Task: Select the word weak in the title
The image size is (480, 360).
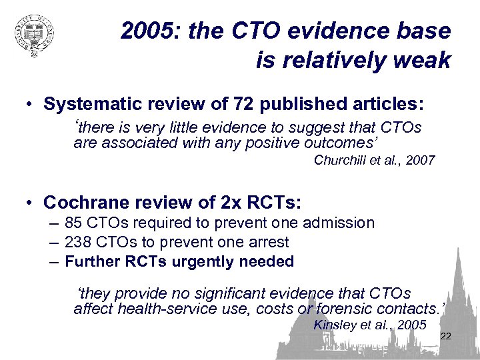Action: click(x=422, y=61)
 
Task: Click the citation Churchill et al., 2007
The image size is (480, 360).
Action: click(x=374, y=160)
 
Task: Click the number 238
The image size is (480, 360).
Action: click(x=78, y=242)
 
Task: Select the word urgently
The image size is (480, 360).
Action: click(x=203, y=261)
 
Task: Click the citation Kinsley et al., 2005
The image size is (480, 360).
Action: click(x=369, y=325)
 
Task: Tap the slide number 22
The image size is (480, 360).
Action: click(x=446, y=336)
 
